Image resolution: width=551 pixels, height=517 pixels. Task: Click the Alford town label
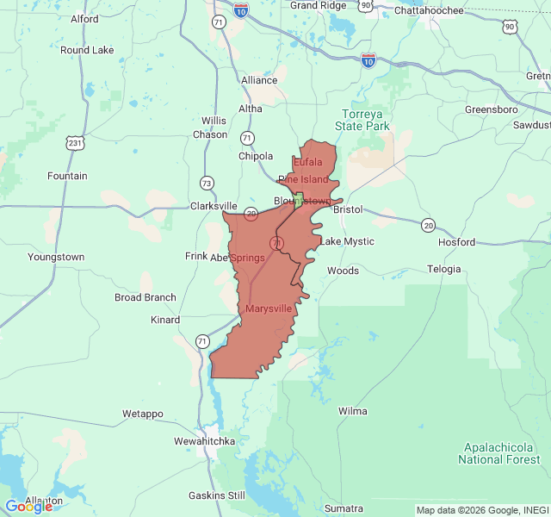[84, 18]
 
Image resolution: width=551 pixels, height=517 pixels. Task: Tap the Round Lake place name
[87, 50]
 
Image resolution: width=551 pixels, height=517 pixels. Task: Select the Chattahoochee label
[429, 10]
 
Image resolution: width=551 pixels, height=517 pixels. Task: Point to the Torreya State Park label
[366, 120]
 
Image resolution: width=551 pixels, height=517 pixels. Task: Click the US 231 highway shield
[74, 142]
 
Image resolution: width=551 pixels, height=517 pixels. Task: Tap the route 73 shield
[206, 183]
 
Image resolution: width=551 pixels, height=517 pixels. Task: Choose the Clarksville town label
[213, 206]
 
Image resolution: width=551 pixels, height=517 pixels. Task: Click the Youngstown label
[56, 257]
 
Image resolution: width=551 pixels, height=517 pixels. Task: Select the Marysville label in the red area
[269, 308]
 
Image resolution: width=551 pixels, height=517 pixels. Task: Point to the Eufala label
[308, 162]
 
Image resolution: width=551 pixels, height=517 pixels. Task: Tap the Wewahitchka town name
[204, 441]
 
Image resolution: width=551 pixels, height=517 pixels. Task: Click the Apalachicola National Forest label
[498, 453]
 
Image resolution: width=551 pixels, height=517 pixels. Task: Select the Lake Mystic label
[347, 241]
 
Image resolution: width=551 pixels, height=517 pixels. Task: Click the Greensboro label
[491, 109]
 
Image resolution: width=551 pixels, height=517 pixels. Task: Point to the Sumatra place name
[343, 508]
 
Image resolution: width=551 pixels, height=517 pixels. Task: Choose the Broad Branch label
[145, 297]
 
